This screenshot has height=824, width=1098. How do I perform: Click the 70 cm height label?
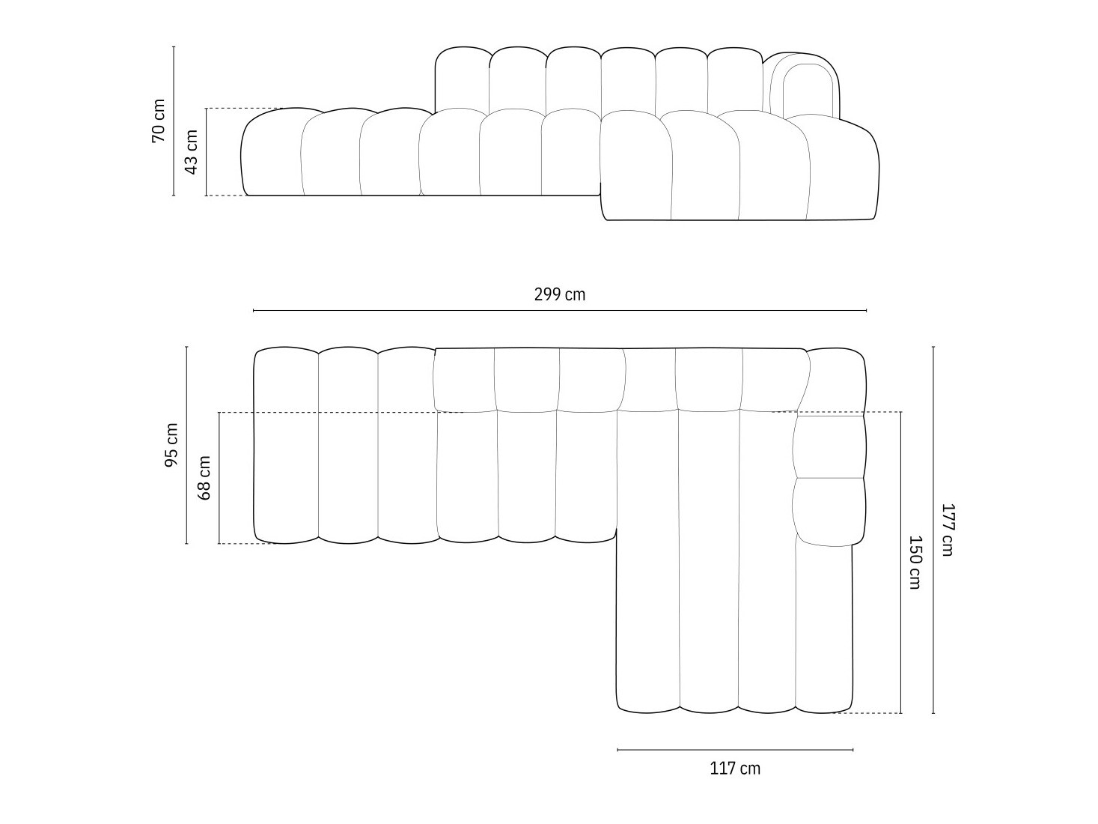point(159,121)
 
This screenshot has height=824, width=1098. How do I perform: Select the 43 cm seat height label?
point(191,152)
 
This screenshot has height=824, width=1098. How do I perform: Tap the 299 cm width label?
point(560,294)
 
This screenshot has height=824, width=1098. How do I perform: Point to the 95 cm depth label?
point(171,445)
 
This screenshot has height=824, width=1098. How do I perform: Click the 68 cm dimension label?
point(204,478)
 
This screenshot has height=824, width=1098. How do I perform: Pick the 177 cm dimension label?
point(947,530)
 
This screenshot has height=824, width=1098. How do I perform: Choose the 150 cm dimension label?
point(915,562)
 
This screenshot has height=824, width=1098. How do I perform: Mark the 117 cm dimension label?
point(735,769)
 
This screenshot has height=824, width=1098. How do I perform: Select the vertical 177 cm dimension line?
point(933,599)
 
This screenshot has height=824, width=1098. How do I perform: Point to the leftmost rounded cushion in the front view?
point(271,153)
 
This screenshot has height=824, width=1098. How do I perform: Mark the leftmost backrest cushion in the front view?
point(463,79)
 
